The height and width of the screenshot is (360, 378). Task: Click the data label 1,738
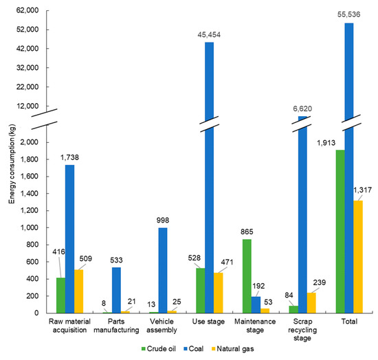pos(69,158)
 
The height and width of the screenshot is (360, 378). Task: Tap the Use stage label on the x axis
pos(207,325)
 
